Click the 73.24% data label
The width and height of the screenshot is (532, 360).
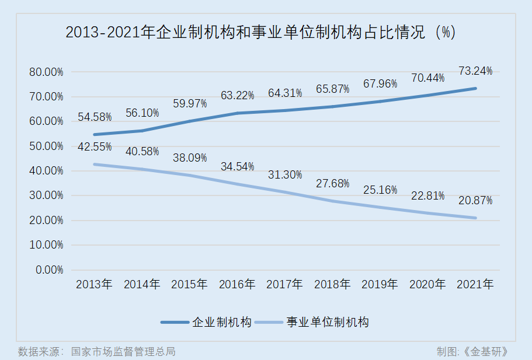pos(475,71)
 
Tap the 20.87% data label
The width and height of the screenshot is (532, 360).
pos(475,201)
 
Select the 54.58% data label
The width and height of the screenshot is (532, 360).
pos(95,117)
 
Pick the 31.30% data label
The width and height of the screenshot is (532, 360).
pos(285,175)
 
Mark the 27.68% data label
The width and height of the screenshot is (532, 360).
pos(332,184)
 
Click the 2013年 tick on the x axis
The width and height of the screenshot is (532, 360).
pos(95,285)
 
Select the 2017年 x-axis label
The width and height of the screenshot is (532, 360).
pos(285,285)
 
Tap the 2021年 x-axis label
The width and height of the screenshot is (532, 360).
pos(475,285)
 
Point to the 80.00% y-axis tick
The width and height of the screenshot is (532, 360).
pos(46,72)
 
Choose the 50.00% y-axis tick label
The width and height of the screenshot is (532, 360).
pos(46,146)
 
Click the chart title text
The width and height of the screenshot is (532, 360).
pos(260,33)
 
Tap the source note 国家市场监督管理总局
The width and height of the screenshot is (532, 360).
pos(123,351)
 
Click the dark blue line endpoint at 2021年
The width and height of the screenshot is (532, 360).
pos(475,88)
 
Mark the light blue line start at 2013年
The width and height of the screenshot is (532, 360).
pos(95,165)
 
